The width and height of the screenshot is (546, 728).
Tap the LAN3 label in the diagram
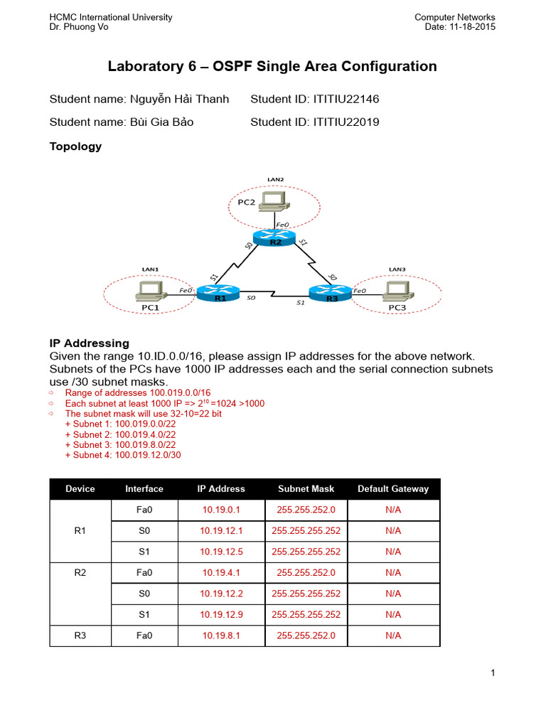[396, 269]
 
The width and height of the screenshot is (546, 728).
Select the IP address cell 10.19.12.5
[221, 551]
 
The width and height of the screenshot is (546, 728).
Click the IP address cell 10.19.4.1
[221, 572]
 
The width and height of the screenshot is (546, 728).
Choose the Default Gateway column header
[393, 488]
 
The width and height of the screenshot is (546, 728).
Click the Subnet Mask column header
[306, 488]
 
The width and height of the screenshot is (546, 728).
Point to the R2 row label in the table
[80, 572]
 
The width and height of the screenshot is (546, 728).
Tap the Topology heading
[75, 146]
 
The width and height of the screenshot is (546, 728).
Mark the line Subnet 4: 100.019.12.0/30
[122, 455]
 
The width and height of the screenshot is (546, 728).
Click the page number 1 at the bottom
[492, 673]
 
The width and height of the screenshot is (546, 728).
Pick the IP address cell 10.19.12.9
[221, 614]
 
